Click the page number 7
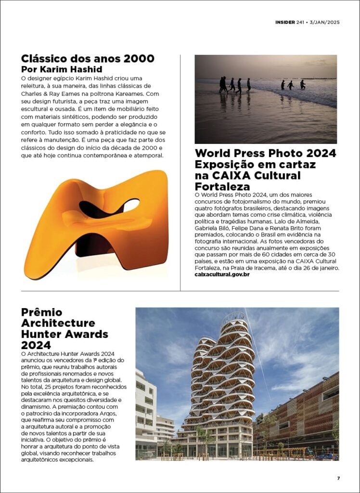[x=338, y=478]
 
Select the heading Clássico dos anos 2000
[x=88, y=59]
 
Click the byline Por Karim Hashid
[x=62, y=69]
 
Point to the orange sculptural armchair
[x=96, y=223]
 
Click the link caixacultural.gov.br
[x=222, y=274]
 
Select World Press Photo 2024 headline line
[x=265, y=154]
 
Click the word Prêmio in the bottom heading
[x=42, y=312]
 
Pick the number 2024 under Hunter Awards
[x=36, y=345]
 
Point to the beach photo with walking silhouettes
[x=265, y=99]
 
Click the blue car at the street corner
[x=328, y=456]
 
